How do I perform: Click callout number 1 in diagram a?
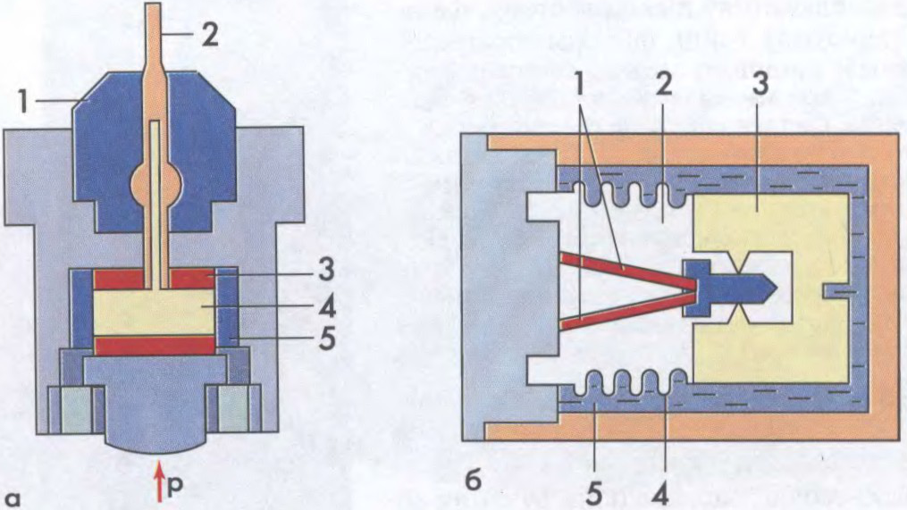point(23,102)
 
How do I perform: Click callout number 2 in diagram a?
point(209,35)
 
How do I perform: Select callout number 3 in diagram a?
point(326,270)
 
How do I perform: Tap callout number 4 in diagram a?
point(326,307)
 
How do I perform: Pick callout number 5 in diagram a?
point(327,339)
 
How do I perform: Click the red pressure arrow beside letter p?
point(160,488)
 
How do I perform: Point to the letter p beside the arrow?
point(174,487)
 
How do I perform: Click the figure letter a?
point(13,497)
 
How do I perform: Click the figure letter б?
point(474,480)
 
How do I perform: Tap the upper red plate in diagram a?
point(155,279)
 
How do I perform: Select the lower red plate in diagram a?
point(155,346)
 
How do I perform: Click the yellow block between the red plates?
point(155,313)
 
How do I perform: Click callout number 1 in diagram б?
point(580,86)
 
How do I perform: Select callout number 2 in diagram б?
point(664,86)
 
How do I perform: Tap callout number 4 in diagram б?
point(660,495)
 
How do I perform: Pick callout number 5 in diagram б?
point(594,495)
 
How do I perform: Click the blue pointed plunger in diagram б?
point(729,288)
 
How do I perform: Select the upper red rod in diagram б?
point(626,268)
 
